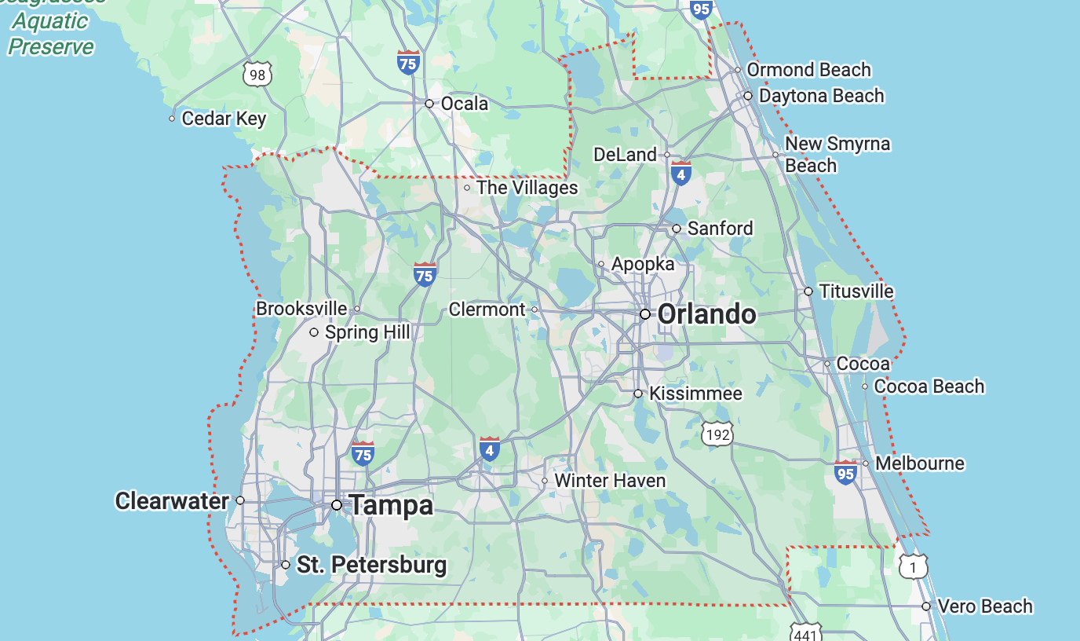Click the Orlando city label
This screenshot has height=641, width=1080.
click(x=706, y=315)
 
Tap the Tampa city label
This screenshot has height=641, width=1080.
click(x=391, y=505)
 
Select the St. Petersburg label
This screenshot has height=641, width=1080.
click(x=371, y=565)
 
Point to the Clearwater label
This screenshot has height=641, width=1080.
click(x=172, y=500)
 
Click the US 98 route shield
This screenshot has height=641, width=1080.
click(x=257, y=75)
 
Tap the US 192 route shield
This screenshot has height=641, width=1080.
click(x=717, y=434)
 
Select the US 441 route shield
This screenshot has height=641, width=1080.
click(x=806, y=632)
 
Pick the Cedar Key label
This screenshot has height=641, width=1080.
click(x=224, y=119)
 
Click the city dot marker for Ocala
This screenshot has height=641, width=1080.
click(x=429, y=104)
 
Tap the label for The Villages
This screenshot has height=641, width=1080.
click(x=527, y=188)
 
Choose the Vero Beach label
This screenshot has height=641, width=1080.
click(x=985, y=606)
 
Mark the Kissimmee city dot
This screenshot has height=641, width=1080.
click(x=638, y=394)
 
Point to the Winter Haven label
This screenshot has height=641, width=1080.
click(x=610, y=481)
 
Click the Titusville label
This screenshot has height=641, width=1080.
click(x=856, y=291)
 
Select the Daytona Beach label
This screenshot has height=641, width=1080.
click(x=821, y=96)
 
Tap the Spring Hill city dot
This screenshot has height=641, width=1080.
click(x=314, y=332)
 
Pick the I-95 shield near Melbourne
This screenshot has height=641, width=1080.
click(x=845, y=473)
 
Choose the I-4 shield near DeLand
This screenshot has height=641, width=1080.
click(x=680, y=174)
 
